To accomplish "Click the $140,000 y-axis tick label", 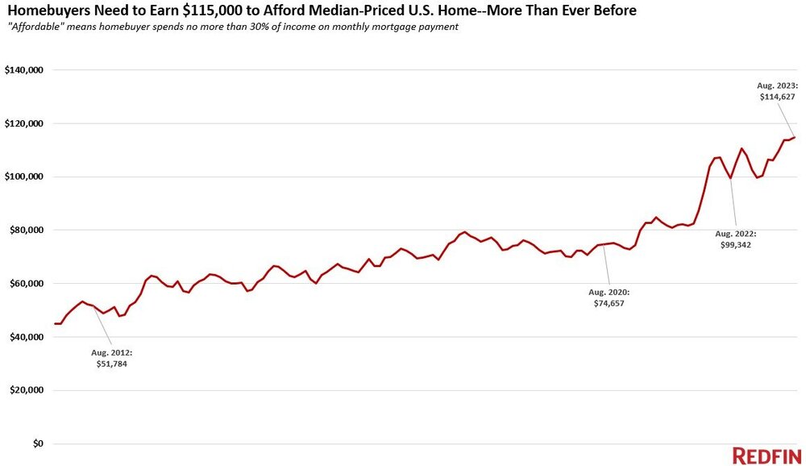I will [x=24, y=70].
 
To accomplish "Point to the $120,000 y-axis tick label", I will [x=24, y=123].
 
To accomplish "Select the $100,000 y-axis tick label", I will [x=24, y=177].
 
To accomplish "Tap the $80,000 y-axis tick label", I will [x=27, y=230].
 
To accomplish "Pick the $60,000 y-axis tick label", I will [x=27, y=283].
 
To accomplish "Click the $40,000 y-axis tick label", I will [x=27, y=337].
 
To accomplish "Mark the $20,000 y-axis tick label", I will [x=27, y=390].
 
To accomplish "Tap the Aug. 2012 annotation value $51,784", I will [x=110, y=364].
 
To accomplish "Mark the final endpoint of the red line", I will [x=795, y=137].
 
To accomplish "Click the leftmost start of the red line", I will [x=55, y=323].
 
